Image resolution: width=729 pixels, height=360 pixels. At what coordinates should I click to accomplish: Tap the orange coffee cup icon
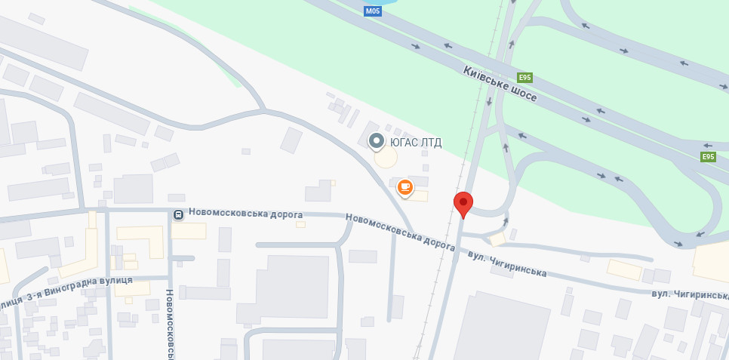click(405, 187)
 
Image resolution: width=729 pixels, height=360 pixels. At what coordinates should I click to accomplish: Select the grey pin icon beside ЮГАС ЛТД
click(376, 141)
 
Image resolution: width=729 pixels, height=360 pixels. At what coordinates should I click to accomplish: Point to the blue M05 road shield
click(373, 11)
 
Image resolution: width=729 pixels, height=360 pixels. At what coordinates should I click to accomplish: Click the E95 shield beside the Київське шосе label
click(525, 78)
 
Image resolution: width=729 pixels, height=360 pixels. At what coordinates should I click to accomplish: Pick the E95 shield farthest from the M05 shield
click(707, 157)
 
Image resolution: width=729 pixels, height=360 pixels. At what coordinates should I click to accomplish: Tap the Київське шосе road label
click(500, 84)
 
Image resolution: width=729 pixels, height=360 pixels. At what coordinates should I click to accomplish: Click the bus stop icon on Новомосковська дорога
click(178, 214)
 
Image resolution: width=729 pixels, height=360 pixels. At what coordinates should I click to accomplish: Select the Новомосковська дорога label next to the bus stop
click(245, 214)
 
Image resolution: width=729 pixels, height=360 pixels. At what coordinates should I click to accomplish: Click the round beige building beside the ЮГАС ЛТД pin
click(386, 157)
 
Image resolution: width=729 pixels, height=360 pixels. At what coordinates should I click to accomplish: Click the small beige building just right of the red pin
click(497, 238)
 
